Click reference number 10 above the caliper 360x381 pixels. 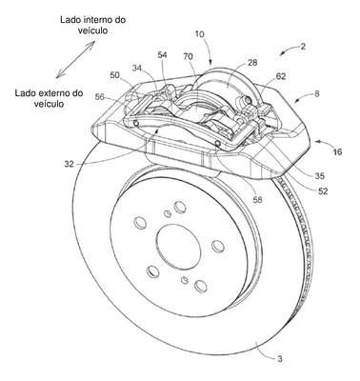pos(199,34)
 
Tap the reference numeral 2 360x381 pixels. pos(303,47)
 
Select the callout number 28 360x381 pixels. pos(253,63)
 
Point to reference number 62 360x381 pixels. pos(281,76)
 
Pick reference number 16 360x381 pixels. pos(337,152)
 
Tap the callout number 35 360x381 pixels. pos(319,175)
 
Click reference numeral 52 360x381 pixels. pos(323,191)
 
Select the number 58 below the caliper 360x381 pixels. pos(257,200)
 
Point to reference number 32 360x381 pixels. pos(69,164)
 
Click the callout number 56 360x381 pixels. pos(100,97)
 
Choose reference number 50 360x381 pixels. pos(115,75)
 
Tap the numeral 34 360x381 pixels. pos(137,68)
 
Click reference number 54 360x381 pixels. pos(162,55)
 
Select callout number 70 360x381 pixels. pos(188,57)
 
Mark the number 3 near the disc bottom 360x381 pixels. pos(279,359)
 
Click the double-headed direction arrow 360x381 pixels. pos(75,59)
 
